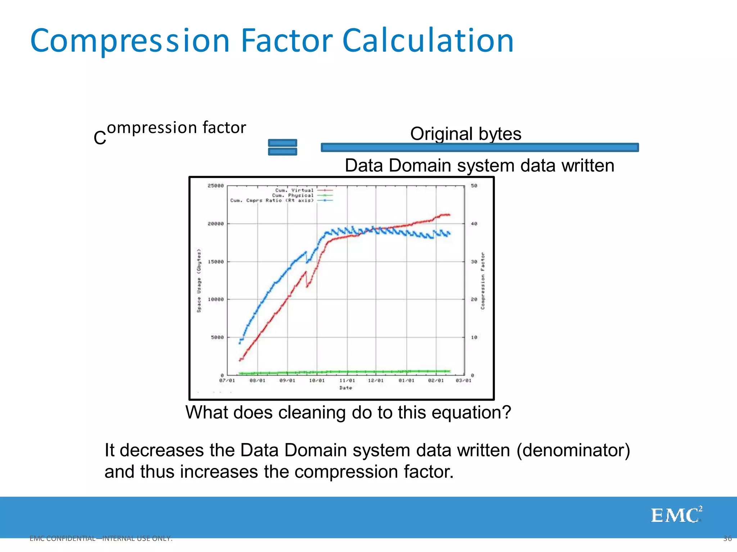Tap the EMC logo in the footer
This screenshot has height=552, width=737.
[x=676, y=515]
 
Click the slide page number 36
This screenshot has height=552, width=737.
[x=727, y=538]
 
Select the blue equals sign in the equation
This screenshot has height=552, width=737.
[x=282, y=147]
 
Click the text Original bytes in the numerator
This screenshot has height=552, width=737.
[x=465, y=134]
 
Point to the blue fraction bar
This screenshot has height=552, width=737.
[x=479, y=147]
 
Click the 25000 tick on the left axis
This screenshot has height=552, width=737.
[x=216, y=186]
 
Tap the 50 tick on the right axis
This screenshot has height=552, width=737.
[x=474, y=186]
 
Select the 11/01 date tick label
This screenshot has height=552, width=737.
[x=347, y=381]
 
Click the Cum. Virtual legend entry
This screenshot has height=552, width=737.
[x=294, y=190]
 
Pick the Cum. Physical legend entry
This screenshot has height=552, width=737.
[x=293, y=195]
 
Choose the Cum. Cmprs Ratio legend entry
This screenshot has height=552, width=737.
[x=272, y=200]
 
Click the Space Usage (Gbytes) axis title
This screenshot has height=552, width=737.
[x=199, y=280]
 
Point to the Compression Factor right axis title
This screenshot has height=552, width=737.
[x=483, y=280]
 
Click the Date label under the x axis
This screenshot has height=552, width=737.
[x=345, y=388]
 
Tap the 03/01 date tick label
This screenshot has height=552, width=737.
[x=464, y=381]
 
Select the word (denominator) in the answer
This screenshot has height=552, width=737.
[x=573, y=450]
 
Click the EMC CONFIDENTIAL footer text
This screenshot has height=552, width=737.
[x=101, y=538]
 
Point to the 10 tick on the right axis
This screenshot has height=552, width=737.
[x=474, y=337]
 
